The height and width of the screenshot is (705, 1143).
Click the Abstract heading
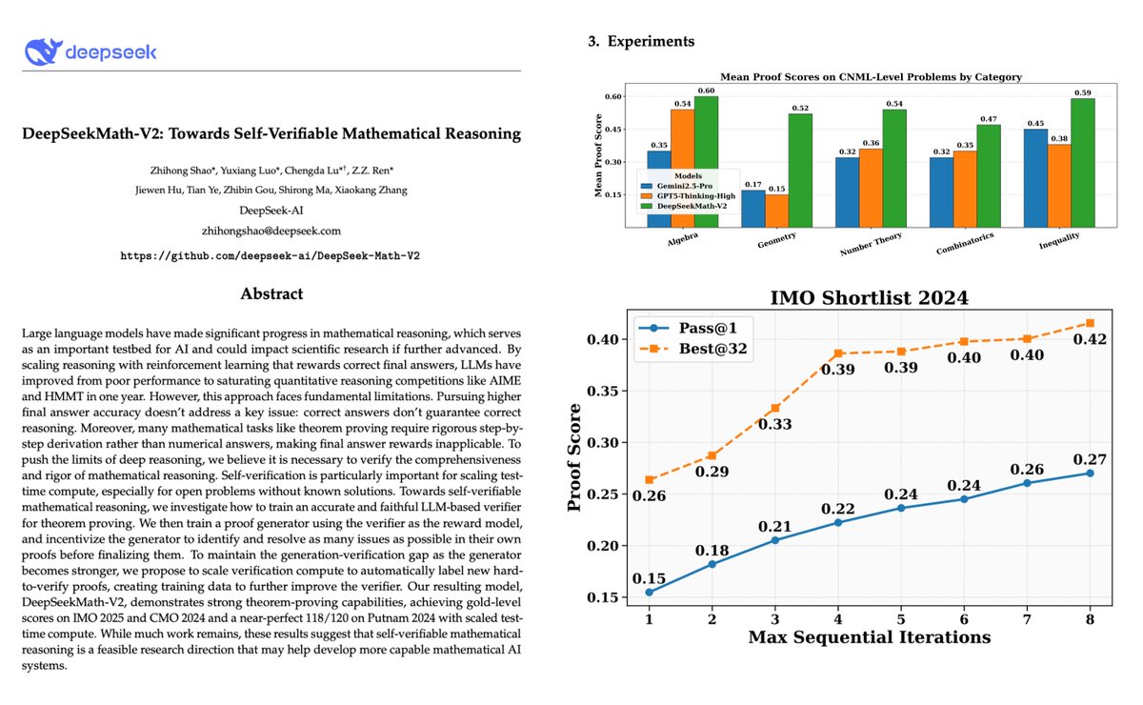pos(271,293)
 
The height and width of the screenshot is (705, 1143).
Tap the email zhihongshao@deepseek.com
pos(271,231)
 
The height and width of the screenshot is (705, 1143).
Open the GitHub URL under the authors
pos(271,256)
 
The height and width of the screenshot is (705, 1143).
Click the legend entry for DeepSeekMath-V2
pos(699,207)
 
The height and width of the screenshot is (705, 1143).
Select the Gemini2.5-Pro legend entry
pos(692,186)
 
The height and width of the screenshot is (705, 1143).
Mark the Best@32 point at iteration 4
pos(839,353)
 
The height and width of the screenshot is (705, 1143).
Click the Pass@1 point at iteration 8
pos(1090,473)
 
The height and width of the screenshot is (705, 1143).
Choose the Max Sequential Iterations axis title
pos(869,636)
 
